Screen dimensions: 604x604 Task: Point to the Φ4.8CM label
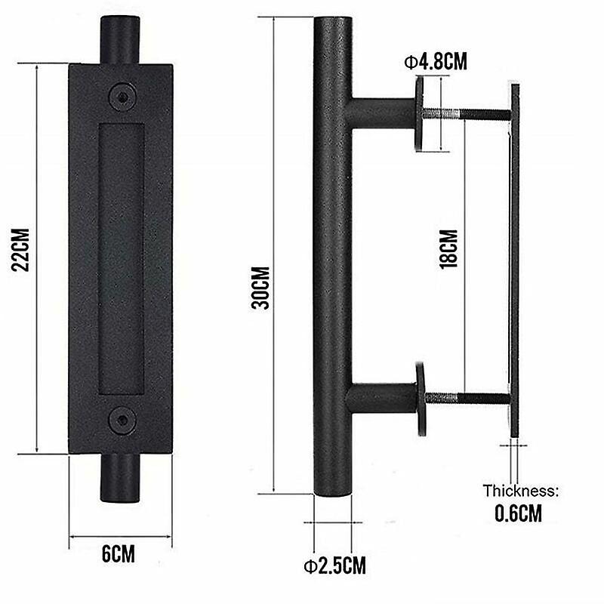tap(433, 61)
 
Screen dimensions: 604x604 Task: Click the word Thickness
tap(520, 491)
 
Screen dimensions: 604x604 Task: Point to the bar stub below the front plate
tap(120, 477)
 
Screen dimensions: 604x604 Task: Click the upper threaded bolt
tap(468, 115)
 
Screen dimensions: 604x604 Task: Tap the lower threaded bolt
tap(468, 397)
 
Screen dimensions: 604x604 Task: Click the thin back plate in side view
tap(515, 264)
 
